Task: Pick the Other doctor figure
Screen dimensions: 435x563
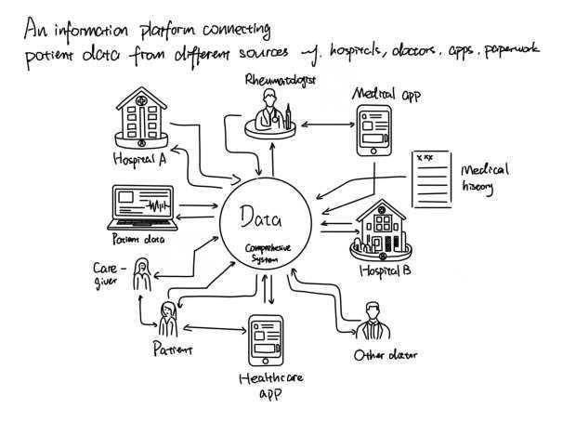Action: (x=373, y=322)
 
